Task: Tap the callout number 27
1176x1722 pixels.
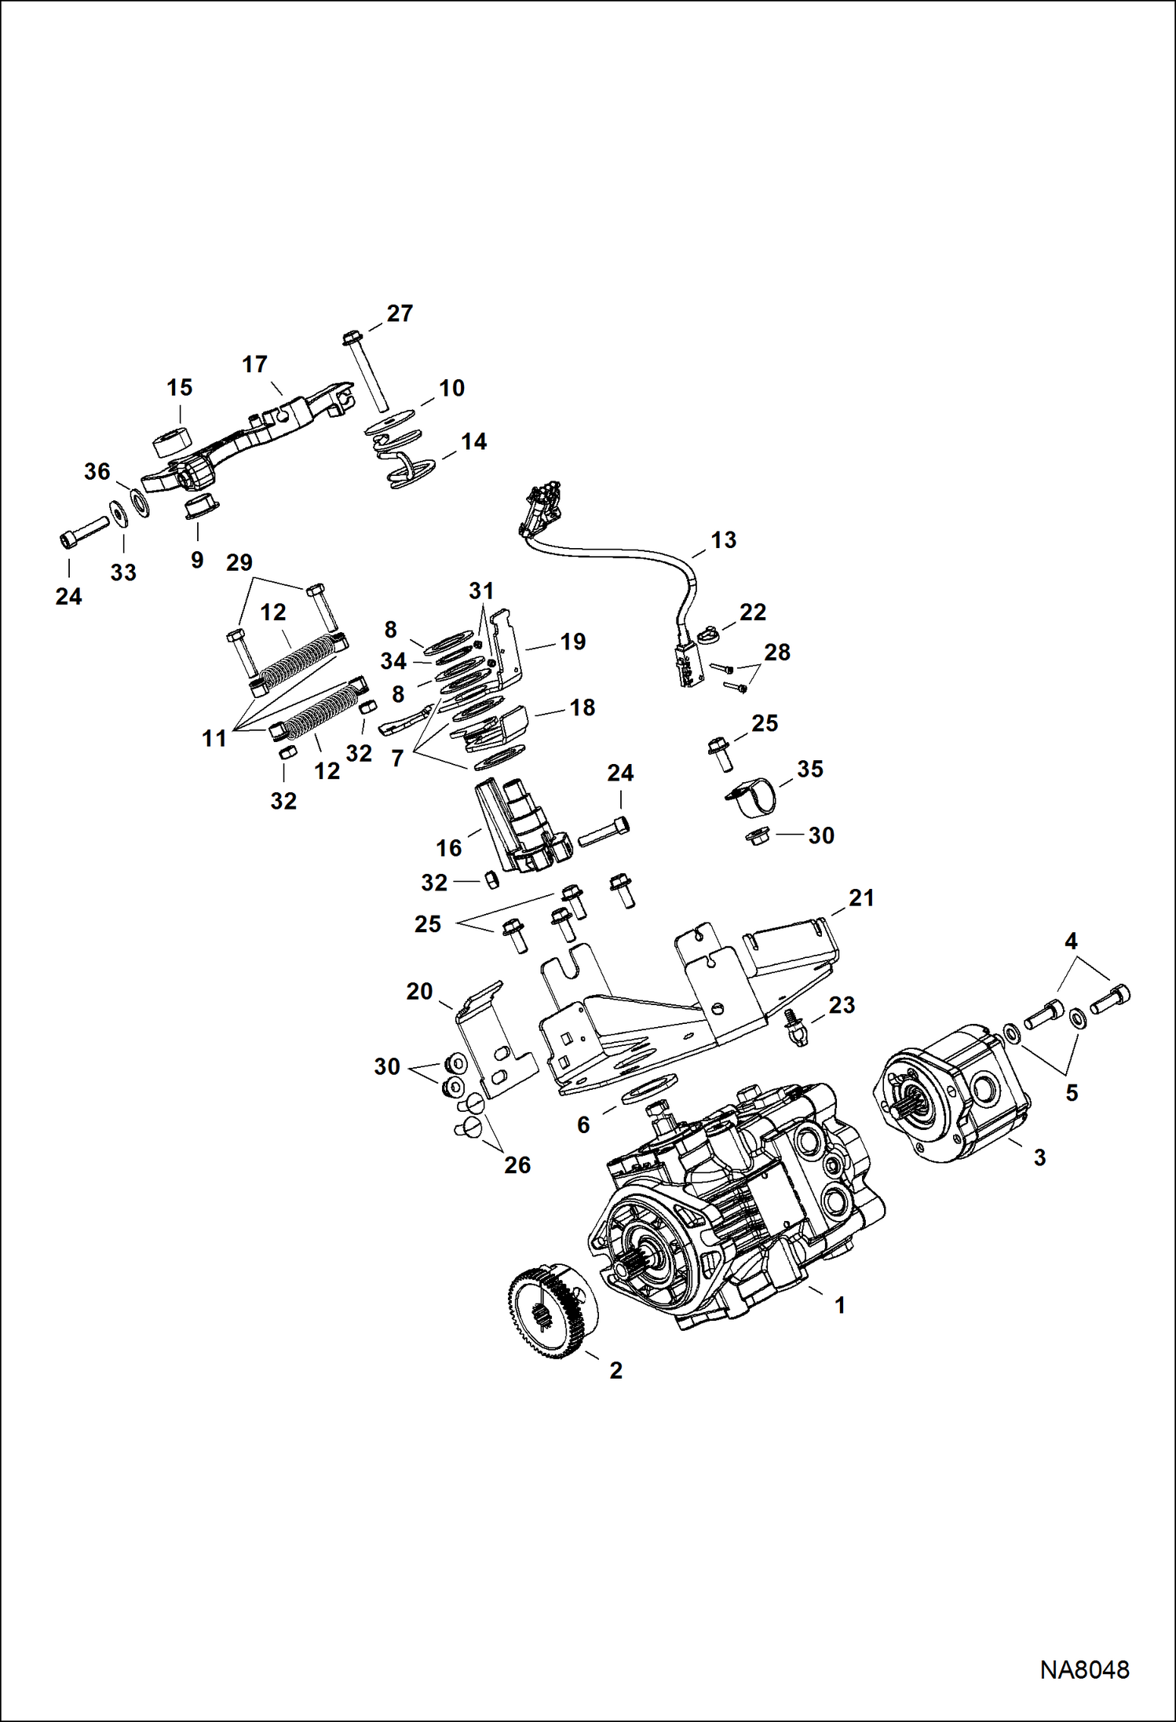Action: pyautogui.click(x=400, y=314)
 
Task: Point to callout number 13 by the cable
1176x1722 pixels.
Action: pyautogui.click(x=723, y=540)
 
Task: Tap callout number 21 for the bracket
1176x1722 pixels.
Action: pyautogui.click(x=860, y=898)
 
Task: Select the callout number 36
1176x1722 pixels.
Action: pyautogui.click(x=97, y=472)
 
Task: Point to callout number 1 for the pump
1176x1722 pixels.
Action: pyautogui.click(x=839, y=1306)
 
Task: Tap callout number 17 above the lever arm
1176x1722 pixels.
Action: pyautogui.click(x=254, y=365)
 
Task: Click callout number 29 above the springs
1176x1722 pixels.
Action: pyautogui.click(x=239, y=563)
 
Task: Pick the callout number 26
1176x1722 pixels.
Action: pyautogui.click(x=517, y=1165)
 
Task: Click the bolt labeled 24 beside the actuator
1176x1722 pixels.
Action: pyautogui.click(x=603, y=832)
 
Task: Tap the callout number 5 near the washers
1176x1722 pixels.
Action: pyautogui.click(x=1072, y=1093)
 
